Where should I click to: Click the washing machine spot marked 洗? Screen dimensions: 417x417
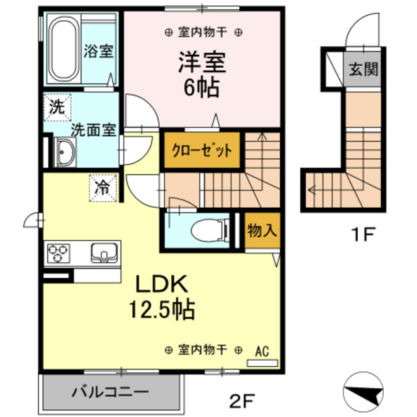tap(57, 108)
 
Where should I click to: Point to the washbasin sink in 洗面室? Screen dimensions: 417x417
tap(66, 154)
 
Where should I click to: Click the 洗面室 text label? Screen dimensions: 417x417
tap(93, 129)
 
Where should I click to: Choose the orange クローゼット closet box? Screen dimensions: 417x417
tap(202, 151)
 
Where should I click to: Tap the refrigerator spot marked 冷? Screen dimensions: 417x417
tap(103, 188)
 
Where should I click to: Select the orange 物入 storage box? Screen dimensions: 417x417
tap(263, 229)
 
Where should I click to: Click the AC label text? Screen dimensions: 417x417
tap(262, 350)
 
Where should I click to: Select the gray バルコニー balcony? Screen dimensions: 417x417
tap(110, 393)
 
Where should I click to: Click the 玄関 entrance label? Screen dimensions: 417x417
tap(362, 69)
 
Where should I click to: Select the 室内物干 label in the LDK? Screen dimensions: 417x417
tap(202, 351)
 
